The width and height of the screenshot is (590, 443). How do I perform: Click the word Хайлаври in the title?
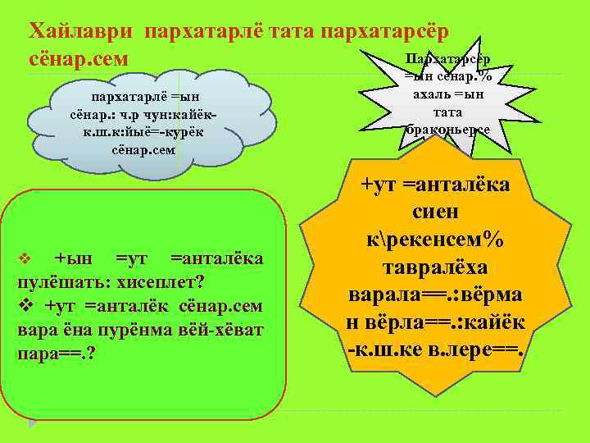(81, 30)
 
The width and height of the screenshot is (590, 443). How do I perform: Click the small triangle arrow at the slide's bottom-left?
(34, 424)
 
